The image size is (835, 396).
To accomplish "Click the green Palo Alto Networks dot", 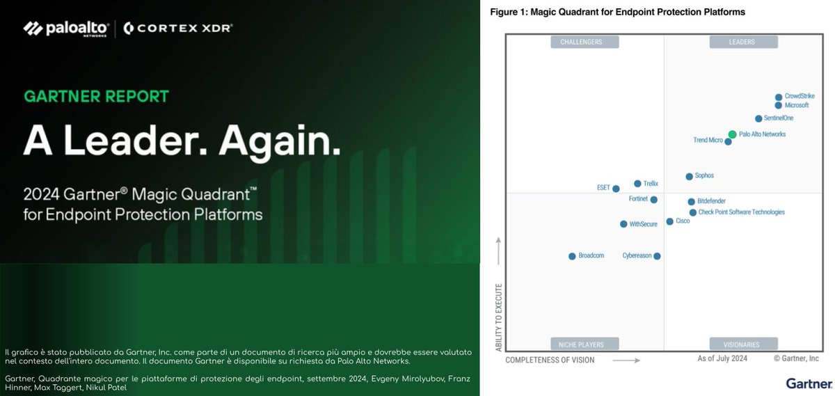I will point(732,134).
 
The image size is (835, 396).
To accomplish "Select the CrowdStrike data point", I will point(779,97).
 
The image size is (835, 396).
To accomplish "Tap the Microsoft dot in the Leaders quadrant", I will point(779,106).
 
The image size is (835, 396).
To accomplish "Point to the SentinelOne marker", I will point(758,118).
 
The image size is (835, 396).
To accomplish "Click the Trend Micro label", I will point(708,141).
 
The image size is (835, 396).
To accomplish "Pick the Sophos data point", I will point(689,176).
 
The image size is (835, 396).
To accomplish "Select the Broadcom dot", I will point(572,256).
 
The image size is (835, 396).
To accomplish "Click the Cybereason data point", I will point(657,256).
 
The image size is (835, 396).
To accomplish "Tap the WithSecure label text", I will point(643,224).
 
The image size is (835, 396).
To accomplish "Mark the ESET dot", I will point(616,189).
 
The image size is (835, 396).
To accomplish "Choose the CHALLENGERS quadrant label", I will point(585,42).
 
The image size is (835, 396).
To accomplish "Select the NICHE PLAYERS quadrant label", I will point(585,344).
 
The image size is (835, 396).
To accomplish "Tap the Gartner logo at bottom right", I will point(809,383).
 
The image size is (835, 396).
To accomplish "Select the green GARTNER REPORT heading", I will point(96,96).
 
